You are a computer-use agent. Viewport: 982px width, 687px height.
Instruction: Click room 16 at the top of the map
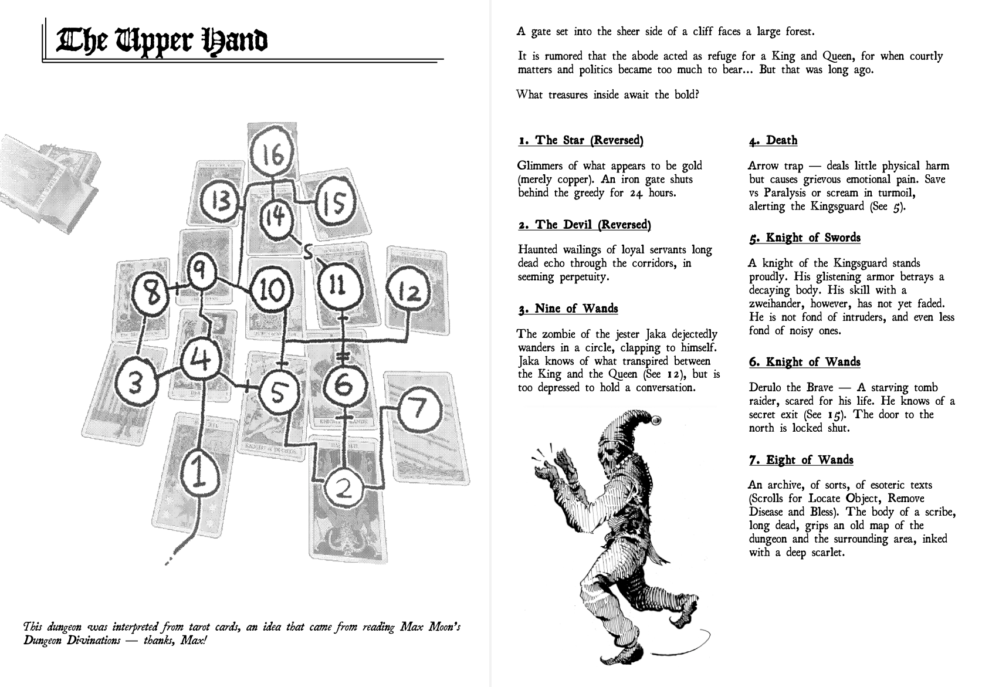[272, 155]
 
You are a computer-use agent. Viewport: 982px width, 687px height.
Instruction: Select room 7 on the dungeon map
[418, 408]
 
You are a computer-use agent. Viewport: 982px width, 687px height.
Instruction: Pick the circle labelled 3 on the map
[136, 384]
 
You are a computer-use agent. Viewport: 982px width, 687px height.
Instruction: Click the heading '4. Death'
[773, 140]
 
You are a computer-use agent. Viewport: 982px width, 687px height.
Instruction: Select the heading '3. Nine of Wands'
[568, 309]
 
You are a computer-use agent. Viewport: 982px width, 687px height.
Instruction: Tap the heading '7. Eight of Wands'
[801, 460]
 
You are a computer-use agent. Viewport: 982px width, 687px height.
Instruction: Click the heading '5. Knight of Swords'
[805, 238]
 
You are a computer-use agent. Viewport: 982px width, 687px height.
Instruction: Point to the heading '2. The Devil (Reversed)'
[584, 225]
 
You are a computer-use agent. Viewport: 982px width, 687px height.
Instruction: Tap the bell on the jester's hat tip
[656, 419]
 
